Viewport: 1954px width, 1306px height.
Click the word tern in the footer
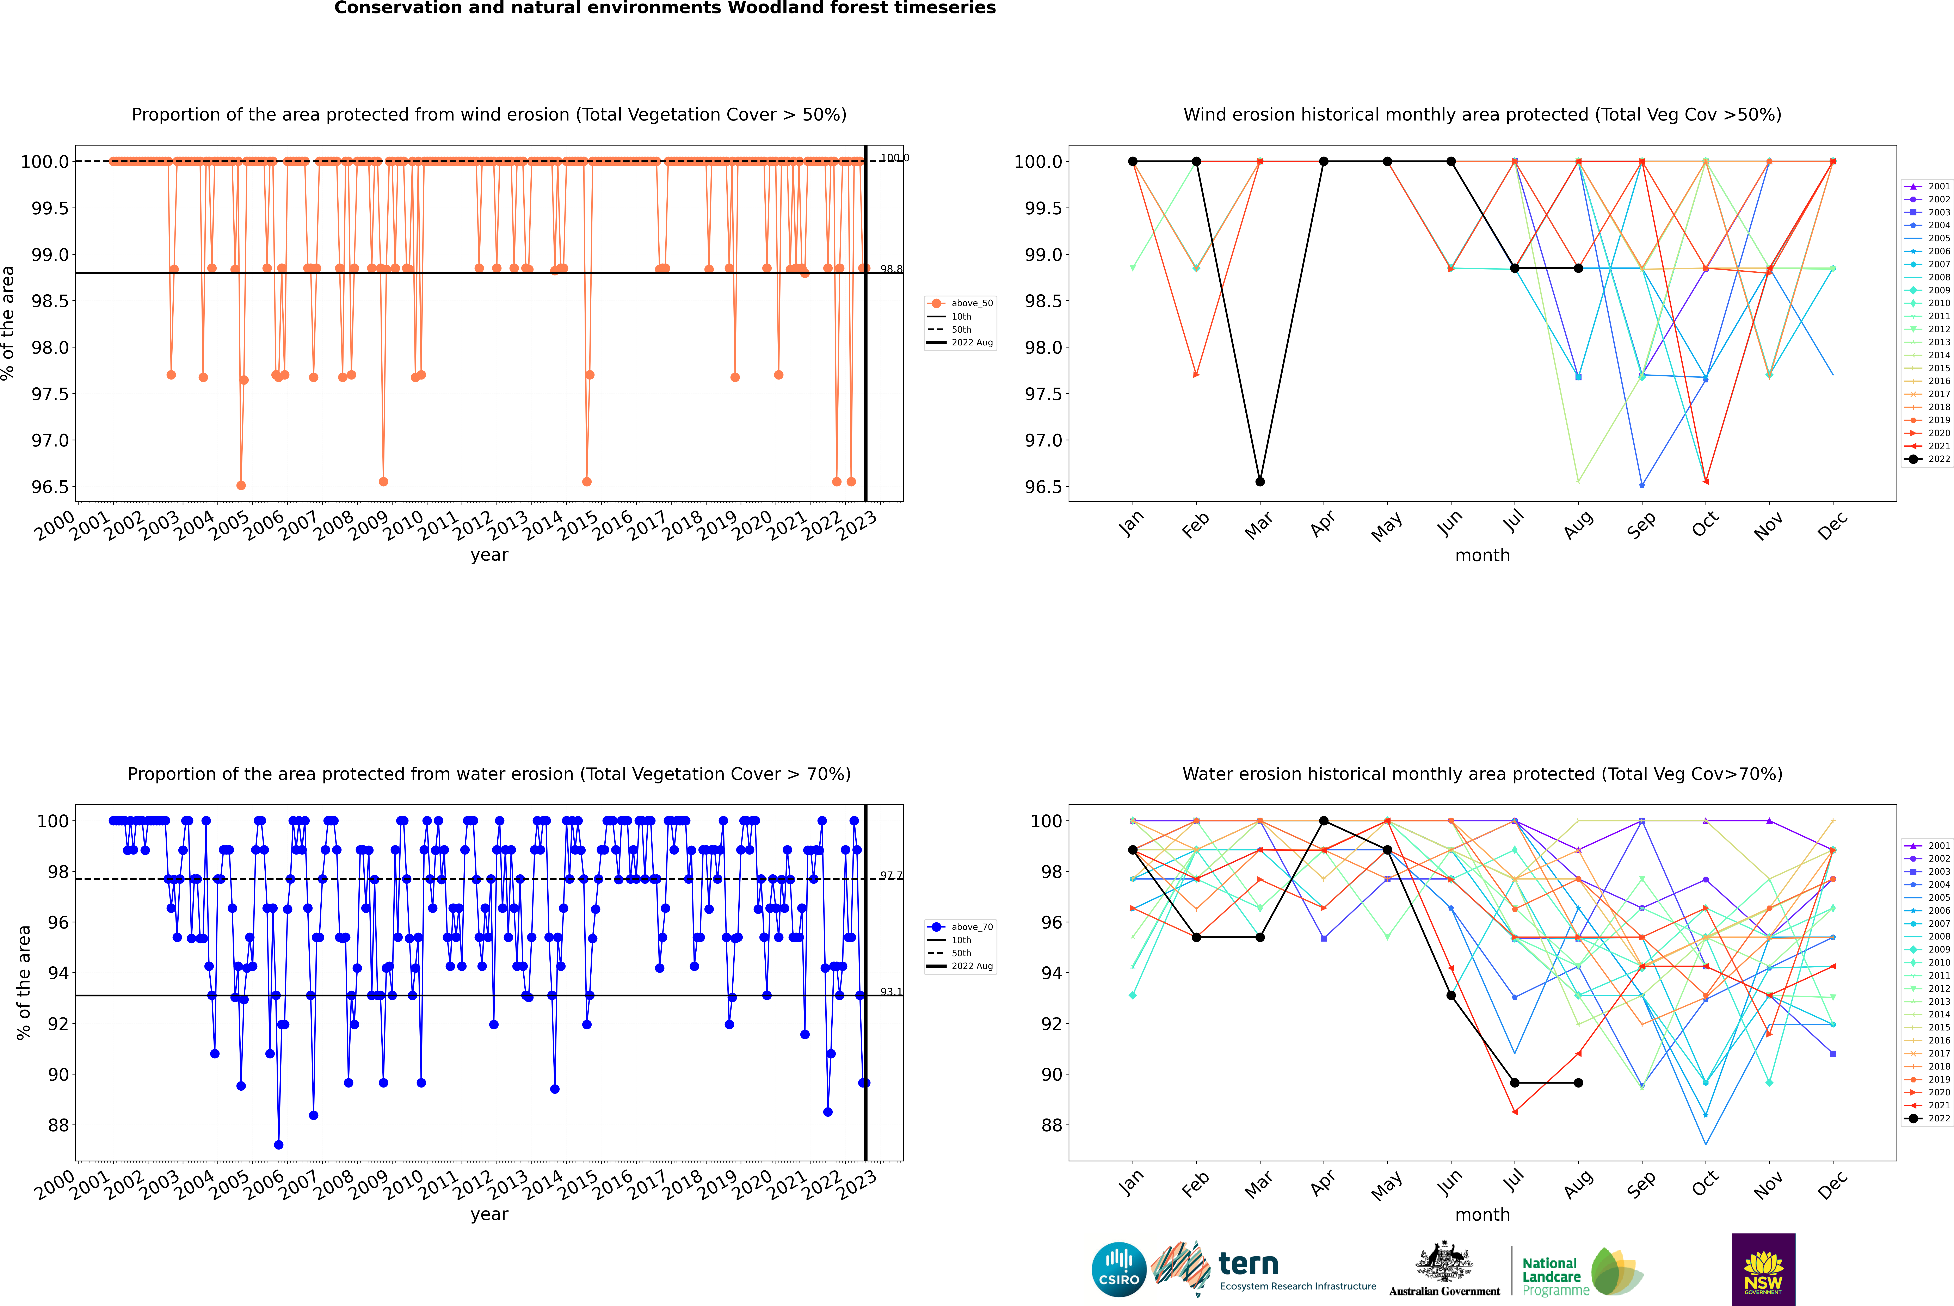[x=1248, y=1264]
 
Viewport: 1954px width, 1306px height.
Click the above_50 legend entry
[x=960, y=303]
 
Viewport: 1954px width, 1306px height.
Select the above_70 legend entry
[x=960, y=927]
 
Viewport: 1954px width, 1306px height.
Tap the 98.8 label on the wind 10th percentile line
[x=891, y=269]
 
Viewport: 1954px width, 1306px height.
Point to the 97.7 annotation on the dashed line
[x=891, y=875]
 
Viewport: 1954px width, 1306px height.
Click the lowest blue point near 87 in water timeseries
[x=278, y=1144]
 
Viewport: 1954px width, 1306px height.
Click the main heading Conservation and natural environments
[x=665, y=8]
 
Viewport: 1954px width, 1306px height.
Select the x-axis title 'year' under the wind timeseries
[x=489, y=555]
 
